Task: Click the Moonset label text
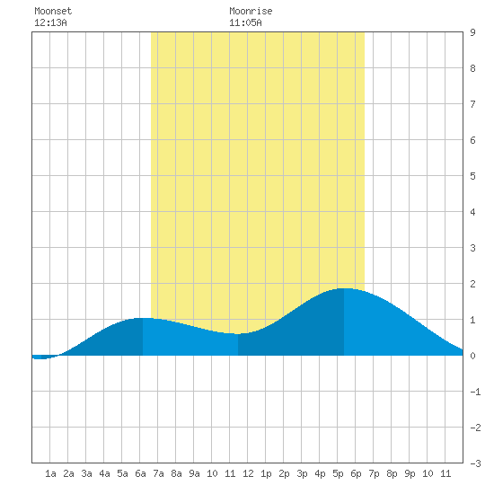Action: (x=53, y=11)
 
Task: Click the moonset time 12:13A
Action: (x=50, y=22)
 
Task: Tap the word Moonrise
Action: (x=251, y=11)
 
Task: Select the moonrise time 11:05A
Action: (x=245, y=22)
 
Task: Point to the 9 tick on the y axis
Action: (x=472, y=32)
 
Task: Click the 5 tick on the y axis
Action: (x=472, y=176)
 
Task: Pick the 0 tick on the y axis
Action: (x=472, y=356)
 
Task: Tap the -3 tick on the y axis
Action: (x=475, y=463)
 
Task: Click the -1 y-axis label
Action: (x=475, y=392)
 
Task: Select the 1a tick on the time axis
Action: (x=50, y=473)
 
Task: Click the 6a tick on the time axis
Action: (x=140, y=473)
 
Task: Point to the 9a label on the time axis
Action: (x=194, y=473)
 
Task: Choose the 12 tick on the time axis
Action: (x=248, y=473)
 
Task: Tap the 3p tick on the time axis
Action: (x=302, y=473)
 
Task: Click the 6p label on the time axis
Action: (x=356, y=473)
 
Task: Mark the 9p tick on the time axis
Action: (x=410, y=473)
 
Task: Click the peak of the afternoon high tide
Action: (x=344, y=288)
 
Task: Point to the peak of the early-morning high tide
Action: (x=143, y=318)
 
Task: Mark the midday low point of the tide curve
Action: (x=238, y=333)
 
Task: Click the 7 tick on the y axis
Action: (x=472, y=104)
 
